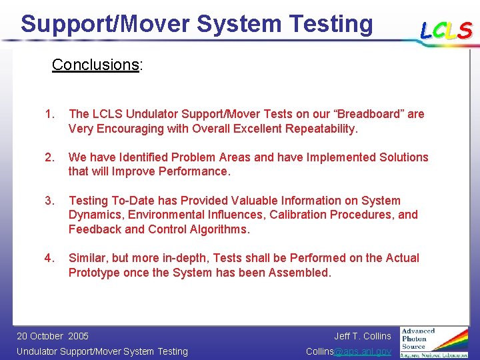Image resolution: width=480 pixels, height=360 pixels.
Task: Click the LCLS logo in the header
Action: (446, 30)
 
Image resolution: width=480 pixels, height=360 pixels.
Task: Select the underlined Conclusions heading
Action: (95, 65)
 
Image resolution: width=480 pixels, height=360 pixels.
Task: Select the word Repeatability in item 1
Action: (319, 129)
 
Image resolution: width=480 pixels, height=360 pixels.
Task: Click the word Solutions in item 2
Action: (399, 157)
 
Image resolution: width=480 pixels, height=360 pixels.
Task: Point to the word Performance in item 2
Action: (197, 172)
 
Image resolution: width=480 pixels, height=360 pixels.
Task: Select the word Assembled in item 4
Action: (299, 273)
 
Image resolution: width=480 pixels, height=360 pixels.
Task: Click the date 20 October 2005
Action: (53, 336)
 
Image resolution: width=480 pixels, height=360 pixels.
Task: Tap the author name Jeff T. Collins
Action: (363, 336)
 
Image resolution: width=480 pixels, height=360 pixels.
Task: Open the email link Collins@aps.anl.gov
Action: (348, 351)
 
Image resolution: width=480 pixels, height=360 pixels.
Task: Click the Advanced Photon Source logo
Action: (434, 342)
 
